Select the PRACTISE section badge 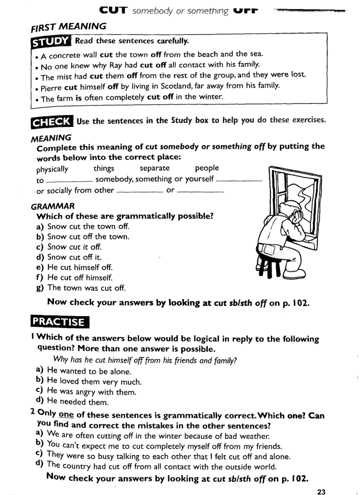tap(60, 321)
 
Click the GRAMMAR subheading tap(53, 206)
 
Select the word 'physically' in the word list tap(52, 169)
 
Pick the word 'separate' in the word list tap(154, 168)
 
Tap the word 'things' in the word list tap(104, 168)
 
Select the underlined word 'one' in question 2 tap(66, 415)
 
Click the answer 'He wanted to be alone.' tap(83, 371)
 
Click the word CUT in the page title tap(113, 10)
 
